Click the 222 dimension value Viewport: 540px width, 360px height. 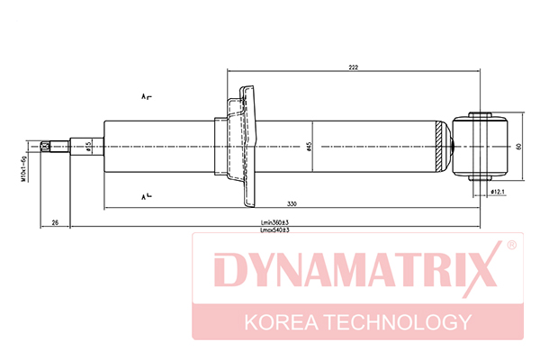coord(354,67)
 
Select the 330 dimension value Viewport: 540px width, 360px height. coord(292,204)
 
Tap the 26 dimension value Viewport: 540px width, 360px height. coord(55,222)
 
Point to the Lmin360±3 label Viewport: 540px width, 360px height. coord(274,222)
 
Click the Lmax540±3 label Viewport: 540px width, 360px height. coord(274,229)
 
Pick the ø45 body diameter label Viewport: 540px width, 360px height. coord(309,147)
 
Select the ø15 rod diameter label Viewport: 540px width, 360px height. coord(88,147)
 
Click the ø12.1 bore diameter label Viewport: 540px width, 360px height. coord(498,191)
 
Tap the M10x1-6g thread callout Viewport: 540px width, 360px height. coord(23,169)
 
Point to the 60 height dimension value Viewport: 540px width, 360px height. coord(519,146)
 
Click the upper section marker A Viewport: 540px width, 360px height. coord(146,96)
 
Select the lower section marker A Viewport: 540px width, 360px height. coord(146,197)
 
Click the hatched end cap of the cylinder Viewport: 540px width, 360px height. coord(439,147)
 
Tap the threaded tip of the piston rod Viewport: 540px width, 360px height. coord(45,147)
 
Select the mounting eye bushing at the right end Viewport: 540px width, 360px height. coord(480,146)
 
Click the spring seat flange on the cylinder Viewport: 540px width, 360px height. coord(248,147)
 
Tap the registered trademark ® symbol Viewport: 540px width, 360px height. coord(511,245)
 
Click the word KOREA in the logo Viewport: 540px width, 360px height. coord(281,322)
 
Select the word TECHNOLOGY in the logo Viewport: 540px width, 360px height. coord(399,322)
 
